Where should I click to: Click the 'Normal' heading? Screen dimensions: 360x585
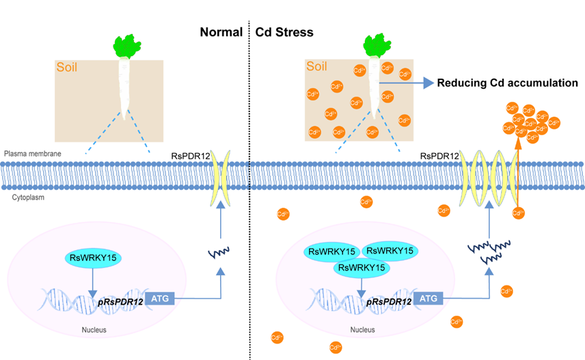click(x=221, y=32)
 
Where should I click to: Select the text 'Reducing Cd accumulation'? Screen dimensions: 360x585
click(x=508, y=83)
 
